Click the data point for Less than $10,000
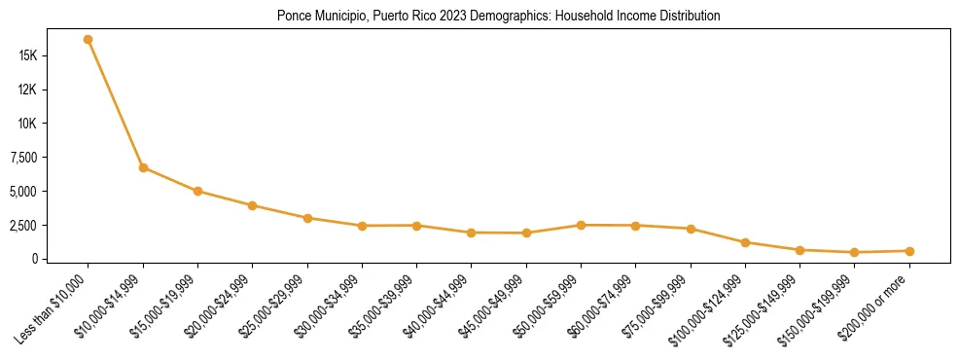pos(89,40)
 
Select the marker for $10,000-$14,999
pos(143,167)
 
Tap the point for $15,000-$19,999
pos(197,191)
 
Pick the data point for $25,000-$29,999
pos(307,218)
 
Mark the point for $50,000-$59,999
pos(581,225)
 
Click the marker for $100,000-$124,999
pos(745,242)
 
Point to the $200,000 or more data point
pos(909,251)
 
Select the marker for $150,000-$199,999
pos(854,252)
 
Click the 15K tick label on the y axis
pos(28,55)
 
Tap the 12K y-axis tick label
pos(28,90)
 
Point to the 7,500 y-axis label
pos(22,158)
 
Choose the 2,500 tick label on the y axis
pos(22,225)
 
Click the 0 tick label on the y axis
pos(34,259)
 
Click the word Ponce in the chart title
pos(293,17)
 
